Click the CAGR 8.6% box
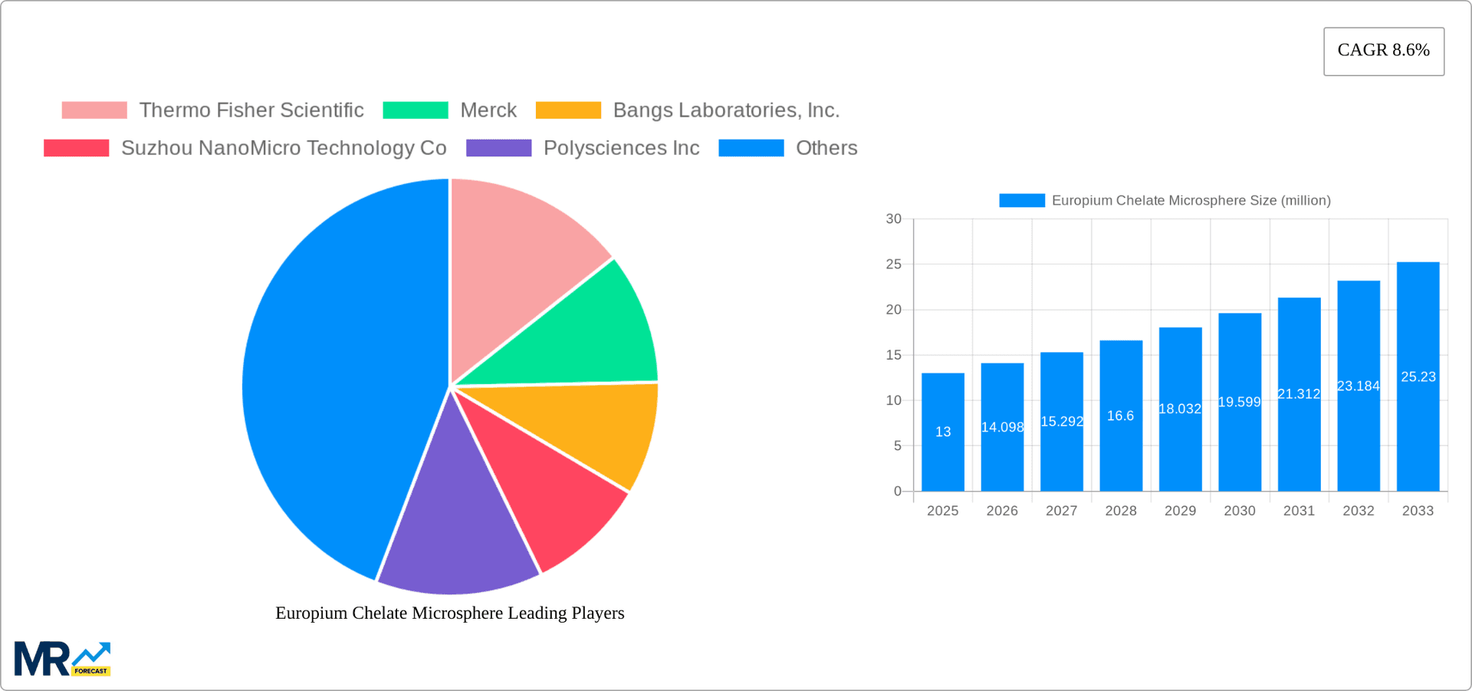(x=1383, y=51)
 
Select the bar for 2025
(x=943, y=433)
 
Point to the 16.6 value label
(x=1120, y=416)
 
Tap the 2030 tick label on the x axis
(x=1240, y=511)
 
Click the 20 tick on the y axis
(x=893, y=310)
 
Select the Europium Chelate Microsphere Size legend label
(x=1191, y=201)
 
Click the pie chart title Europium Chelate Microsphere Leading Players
(x=450, y=613)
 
